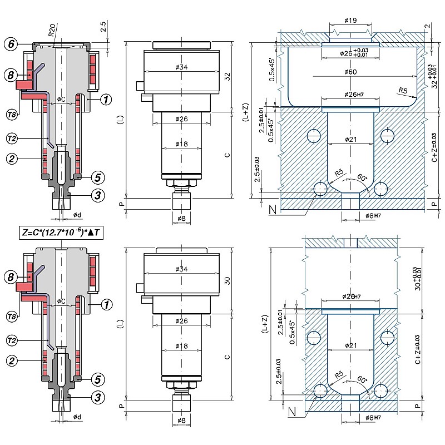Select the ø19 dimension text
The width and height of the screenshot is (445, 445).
click(350, 21)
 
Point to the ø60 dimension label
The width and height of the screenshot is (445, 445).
click(350, 72)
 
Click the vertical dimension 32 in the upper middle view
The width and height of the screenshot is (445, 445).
click(227, 77)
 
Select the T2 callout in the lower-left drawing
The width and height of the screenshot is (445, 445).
click(11, 340)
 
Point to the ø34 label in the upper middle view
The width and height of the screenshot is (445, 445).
click(180, 67)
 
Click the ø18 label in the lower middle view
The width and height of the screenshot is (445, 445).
click(181, 346)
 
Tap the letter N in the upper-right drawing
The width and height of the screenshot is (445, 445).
click(272, 209)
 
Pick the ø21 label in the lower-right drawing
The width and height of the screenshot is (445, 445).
click(350, 346)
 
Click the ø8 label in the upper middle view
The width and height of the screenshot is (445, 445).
click(181, 218)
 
